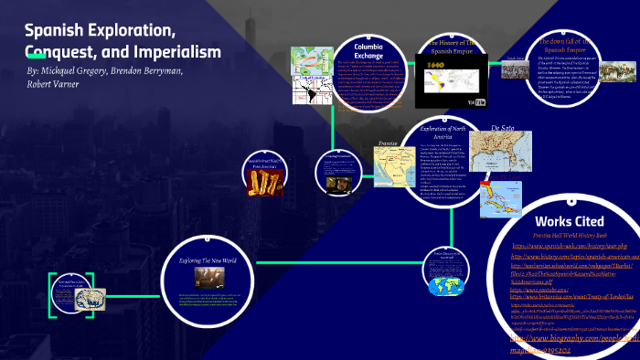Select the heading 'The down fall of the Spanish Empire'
(573, 47)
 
